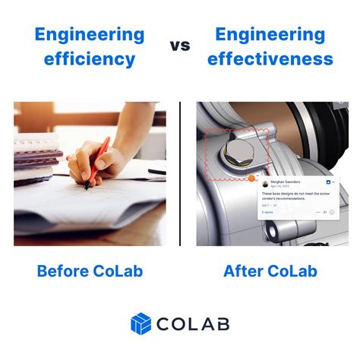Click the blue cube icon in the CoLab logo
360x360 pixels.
point(141,324)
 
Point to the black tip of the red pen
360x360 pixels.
point(88,187)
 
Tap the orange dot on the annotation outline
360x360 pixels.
point(251,179)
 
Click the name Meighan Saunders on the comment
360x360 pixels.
point(284,182)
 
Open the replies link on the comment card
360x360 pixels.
point(267,213)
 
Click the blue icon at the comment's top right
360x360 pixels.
point(327,183)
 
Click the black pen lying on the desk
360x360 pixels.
point(156,172)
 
